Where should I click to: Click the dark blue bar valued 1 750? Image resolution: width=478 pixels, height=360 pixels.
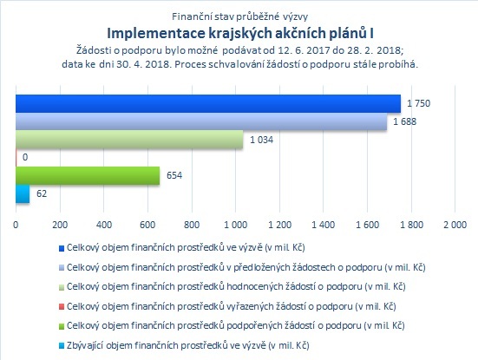208,103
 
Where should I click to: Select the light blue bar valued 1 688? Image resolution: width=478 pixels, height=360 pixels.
201,121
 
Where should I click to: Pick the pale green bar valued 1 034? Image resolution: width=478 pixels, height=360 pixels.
129,140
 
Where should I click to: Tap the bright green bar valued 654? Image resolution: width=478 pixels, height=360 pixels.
88,175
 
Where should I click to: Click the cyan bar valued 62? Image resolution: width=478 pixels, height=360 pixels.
23,193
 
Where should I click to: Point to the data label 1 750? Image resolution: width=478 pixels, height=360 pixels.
419,103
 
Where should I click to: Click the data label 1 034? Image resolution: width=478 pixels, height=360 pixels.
262,140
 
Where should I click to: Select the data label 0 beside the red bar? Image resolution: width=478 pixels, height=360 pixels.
25,157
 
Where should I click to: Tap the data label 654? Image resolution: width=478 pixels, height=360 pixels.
174,175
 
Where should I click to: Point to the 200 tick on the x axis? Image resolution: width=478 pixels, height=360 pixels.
60,225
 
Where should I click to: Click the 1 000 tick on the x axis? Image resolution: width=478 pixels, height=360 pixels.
236,225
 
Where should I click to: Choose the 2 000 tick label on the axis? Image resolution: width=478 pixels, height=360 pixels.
455,225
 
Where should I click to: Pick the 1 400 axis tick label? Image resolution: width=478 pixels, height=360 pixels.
324,225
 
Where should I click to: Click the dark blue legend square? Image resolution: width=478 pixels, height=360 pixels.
62,248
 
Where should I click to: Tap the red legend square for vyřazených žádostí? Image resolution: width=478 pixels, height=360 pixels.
62,307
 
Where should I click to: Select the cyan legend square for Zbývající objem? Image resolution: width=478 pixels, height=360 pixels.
62,346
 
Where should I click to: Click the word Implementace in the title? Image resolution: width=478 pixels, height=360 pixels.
156,34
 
